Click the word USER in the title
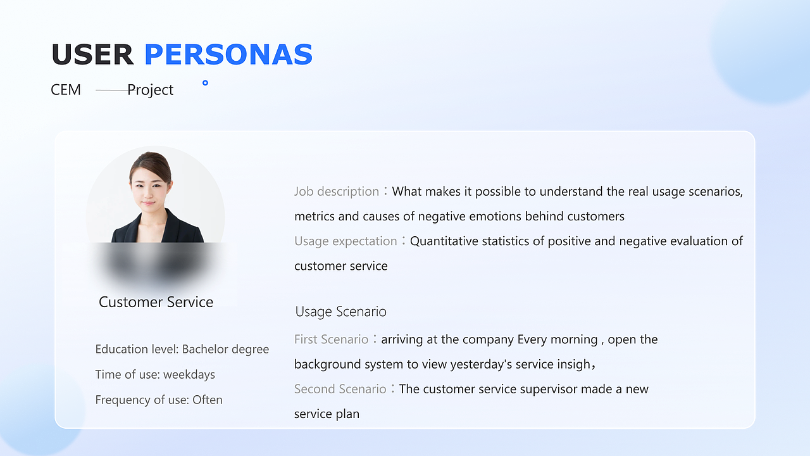92,54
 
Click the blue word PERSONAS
228,54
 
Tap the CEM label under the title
66,90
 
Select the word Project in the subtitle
151,91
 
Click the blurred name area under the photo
156,262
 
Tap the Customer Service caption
156,302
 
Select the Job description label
336,191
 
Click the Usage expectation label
346,241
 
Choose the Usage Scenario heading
340,312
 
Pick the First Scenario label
331,339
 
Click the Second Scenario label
340,389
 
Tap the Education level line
182,349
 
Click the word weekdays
189,374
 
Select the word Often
207,400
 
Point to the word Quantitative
445,241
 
